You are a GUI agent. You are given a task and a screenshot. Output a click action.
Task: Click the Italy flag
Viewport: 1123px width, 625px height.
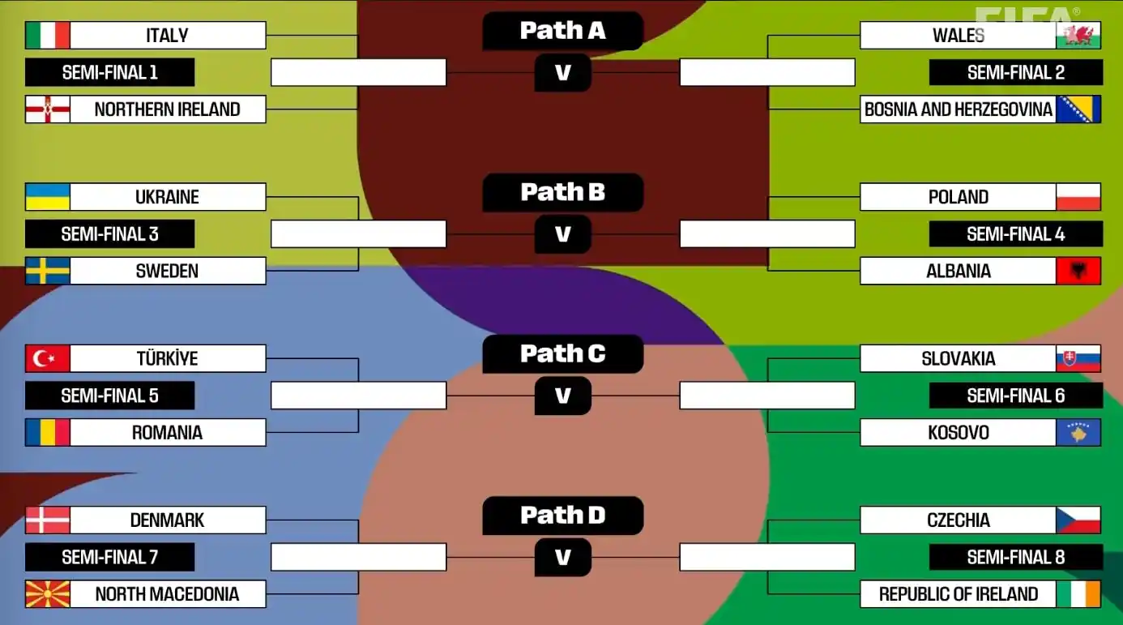click(x=48, y=36)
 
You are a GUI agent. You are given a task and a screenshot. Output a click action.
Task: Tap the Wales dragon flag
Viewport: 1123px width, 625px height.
click(x=1078, y=36)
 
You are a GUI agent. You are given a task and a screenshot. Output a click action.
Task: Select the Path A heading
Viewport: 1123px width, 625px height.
click(x=562, y=31)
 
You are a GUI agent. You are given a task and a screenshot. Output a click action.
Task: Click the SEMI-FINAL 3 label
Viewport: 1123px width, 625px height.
click(x=110, y=234)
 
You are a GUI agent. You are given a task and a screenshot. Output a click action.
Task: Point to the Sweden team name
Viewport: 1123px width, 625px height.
click(x=167, y=271)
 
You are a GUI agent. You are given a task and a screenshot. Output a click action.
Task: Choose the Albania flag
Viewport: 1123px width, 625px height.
click(x=1078, y=271)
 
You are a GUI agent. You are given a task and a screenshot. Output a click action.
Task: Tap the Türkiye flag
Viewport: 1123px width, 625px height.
click(x=48, y=358)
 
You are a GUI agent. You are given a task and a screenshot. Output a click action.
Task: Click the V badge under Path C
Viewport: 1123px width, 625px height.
click(x=562, y=396)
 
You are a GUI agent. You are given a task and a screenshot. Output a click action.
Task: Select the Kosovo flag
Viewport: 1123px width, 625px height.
click(x=1078, y=432)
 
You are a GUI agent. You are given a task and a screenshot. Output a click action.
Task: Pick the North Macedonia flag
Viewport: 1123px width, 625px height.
click(x=48, y=594)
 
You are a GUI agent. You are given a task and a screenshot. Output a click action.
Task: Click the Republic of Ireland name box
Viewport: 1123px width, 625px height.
click(x=958, y=594)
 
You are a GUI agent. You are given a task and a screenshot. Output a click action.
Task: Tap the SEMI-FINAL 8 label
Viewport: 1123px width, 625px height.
click(x=1015, y=558)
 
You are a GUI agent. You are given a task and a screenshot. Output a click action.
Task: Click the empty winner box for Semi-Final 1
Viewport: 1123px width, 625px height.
click(x=358, y=72)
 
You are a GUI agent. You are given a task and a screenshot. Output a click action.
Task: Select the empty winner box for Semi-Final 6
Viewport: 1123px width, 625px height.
click(x=767, y=396)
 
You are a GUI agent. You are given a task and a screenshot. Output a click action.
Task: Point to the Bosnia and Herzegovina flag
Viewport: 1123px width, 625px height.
click(x=1078, y=109)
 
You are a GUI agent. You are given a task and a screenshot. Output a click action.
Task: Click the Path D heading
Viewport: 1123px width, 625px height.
click(x=562, y=516)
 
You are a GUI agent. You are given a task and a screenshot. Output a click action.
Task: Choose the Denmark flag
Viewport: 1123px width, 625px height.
click(x=48, y=520)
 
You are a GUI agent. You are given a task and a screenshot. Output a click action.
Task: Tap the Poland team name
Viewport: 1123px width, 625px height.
click(x=958, y=197)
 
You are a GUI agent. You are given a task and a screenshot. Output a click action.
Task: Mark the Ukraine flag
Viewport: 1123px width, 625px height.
click(x=48, y=197)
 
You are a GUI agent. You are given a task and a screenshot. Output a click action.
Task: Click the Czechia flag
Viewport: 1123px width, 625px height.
click(x=1078, y=520)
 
